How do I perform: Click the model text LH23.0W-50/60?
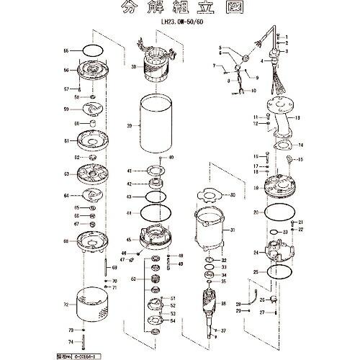(x=181, y=22)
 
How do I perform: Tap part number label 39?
(x=129, y=126)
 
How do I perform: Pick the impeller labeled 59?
(x=94, y=109)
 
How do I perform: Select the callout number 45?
(x=129, y=240)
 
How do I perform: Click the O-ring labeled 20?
(x=276, y=213)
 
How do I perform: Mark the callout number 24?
(x=256, y=253)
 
